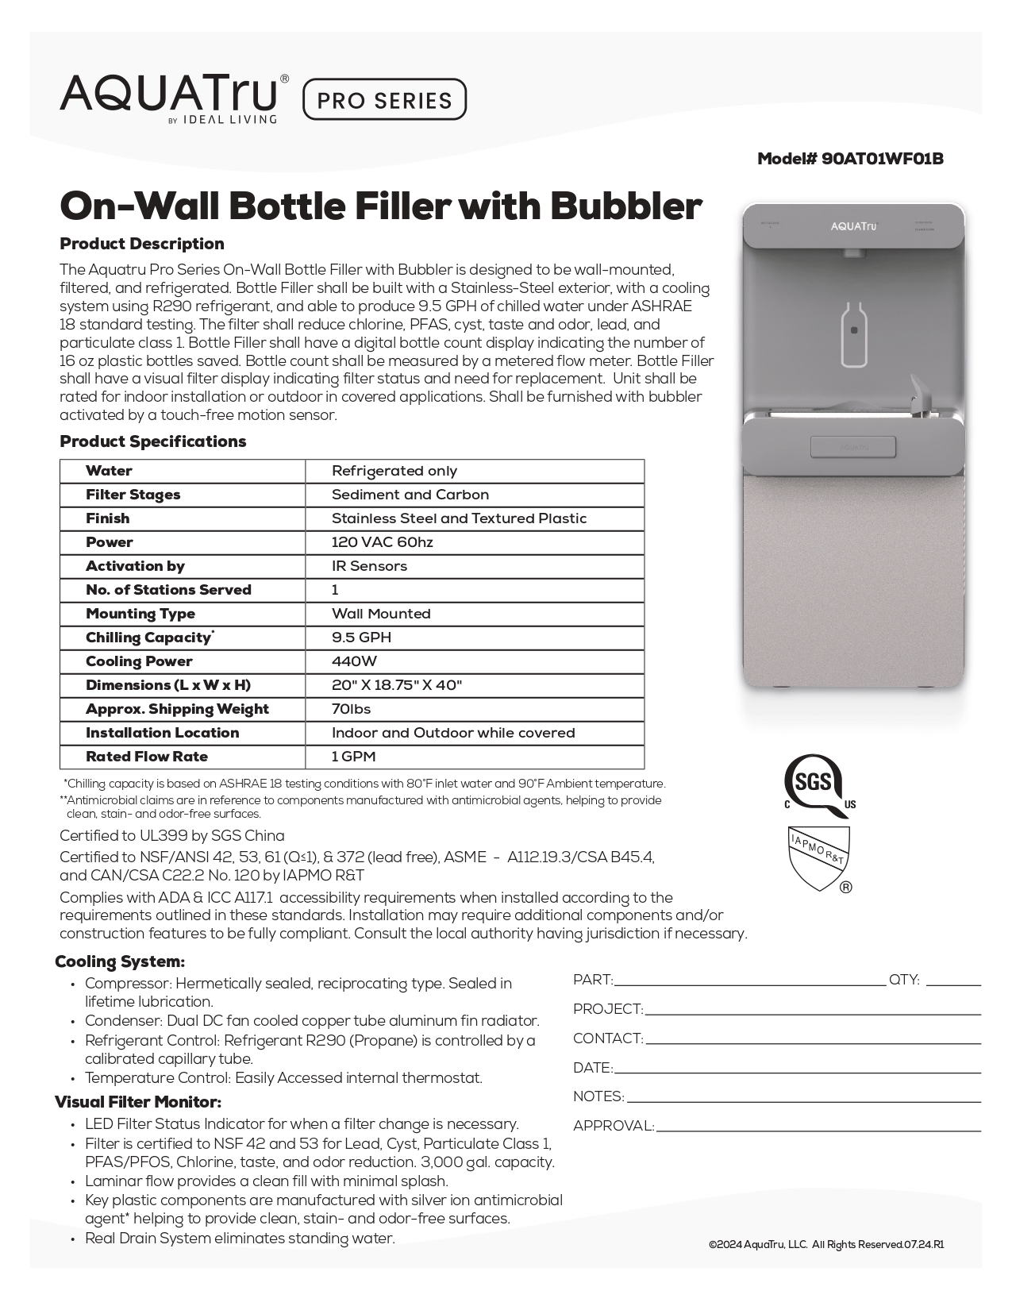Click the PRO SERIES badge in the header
tap(385, 99)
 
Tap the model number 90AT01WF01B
tap(850, 159)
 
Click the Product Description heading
tap(142, 244)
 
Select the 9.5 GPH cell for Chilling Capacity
tap(361, 638)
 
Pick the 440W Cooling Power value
tap(354, 661)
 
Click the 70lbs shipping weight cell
tap(351, 709)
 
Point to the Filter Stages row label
tap(133, 495)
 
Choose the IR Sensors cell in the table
tap(369, 566)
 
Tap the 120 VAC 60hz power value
tap(382, 542)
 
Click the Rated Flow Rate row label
tap(147, 757)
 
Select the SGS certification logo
tap(815, 785)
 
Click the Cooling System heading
tap(120, 962)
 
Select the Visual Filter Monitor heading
tap(138, 1102)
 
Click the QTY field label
tap(904, 981)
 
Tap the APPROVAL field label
tap(614, 1126)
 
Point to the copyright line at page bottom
tap(826, 1245)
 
